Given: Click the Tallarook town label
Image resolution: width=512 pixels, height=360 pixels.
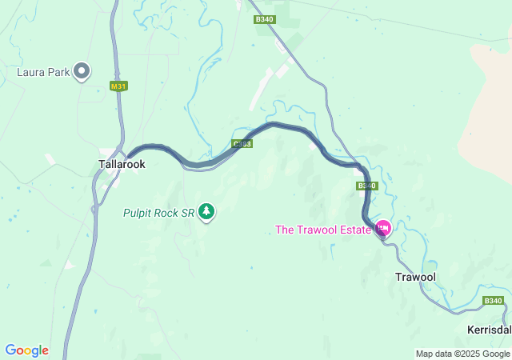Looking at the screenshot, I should (x=121, y=163).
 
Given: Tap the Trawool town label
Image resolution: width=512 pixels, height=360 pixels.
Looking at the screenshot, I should (x=415, y=277).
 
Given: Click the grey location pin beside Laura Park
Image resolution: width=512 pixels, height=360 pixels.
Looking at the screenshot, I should (x=82, y=72).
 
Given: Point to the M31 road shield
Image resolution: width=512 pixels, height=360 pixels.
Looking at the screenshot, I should (x=119, y=86).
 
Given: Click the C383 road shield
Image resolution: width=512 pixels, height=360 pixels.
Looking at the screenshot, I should (x=242, y=144).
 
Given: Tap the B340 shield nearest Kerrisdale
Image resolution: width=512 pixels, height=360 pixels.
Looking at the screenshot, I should (x=494, y=301).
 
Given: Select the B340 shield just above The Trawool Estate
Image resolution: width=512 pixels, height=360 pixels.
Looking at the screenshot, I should (x=366, y=186).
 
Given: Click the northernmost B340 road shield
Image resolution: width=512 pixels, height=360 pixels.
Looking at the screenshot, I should (x=265, y=19).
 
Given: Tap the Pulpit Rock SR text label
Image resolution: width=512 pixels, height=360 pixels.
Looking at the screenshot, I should (x=158, y=213).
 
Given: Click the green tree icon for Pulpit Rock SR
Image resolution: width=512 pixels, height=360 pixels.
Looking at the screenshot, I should (x=207, y=211).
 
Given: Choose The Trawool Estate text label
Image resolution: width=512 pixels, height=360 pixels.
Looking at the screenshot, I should (x=323, y=230).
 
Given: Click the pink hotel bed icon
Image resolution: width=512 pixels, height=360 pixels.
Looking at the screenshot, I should (x=383, y=228).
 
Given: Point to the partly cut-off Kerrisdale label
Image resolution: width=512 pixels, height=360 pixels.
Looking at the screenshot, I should (x=489, y=330).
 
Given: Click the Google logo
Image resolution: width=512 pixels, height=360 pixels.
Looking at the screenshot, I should (x=26, y=350).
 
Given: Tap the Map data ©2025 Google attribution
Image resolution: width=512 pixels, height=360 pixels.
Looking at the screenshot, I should (x=462, y=354).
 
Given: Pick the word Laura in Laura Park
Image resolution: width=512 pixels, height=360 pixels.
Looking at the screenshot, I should (x=31, y=72).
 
